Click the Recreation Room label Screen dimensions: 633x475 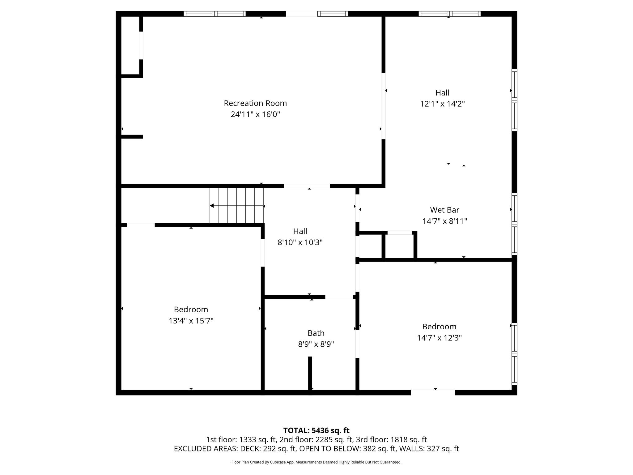(255, 103)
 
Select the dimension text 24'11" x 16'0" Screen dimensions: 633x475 (255, 115)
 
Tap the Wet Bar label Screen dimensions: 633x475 (444, 210)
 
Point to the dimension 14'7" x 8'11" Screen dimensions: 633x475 (444, 221)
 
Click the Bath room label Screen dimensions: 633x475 (316, 333)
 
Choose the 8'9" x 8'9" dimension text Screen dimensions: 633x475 (316, 344)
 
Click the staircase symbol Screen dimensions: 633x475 (237, 206)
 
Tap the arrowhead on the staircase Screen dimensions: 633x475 (212, 206)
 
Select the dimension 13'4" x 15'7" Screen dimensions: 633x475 (191, 321)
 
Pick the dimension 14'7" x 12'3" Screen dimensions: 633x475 (439, 338)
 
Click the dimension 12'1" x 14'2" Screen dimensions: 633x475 (442, 104)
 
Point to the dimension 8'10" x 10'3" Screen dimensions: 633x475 (300, 243)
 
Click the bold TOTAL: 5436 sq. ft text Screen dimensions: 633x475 (316, 430)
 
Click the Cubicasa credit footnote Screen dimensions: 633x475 (316, 462)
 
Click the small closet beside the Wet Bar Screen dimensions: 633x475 (400, 246)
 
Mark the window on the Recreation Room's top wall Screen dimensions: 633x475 (215, 14)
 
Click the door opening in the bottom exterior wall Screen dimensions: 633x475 (433, 392)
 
